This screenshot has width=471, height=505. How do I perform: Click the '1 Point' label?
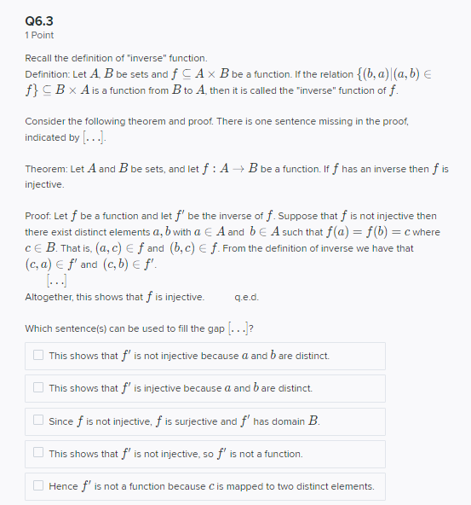[x=39, y=35]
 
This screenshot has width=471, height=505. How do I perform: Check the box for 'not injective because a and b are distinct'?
[x=38, y=355]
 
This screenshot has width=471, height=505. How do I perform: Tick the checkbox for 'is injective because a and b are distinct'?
[x=38, y=387]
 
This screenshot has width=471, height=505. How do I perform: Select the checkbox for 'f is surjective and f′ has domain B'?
[x=38, y=421]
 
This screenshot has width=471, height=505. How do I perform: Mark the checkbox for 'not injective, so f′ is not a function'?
[x=38, y=453]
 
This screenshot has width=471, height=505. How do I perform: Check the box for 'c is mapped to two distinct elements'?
[x=38, y=486]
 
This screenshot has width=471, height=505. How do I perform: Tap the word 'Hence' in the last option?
[x=63, y=486]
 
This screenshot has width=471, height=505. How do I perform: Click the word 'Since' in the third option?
[x=61, y=421]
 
